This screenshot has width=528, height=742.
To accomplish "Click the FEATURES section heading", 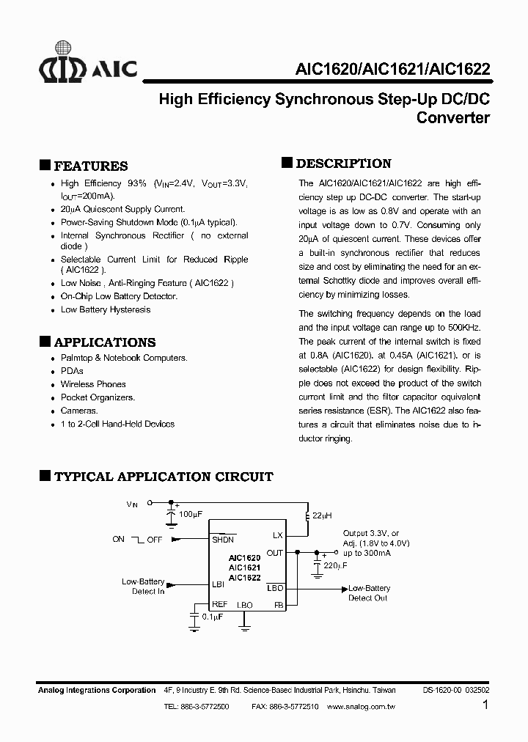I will pyautogui.click(x=91, y=166).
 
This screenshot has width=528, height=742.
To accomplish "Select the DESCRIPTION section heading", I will pyautogui.click(x=343, y=164).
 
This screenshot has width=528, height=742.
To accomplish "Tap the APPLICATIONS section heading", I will pyautogui.click(x=105, y=342).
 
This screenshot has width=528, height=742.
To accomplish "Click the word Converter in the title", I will pyautogui.click(x=452, y=117).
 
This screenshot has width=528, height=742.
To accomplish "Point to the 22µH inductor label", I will pyautogui.click(x=323, y=515).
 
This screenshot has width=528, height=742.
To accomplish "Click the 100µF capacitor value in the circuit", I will pyautogui.click(x=190, y=515).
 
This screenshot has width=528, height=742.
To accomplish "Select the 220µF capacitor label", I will pyautogui.click(x=335, y=566).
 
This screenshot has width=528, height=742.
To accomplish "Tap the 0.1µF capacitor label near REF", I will pyautogui.click(x=209, y=617).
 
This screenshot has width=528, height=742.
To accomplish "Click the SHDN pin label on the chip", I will pyautogui.click(x=223, y=540).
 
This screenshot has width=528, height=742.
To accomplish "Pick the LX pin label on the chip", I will pyautogui.click(x=277, y=536).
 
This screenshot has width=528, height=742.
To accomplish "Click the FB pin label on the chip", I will pyautogui.click(x=278, y=605).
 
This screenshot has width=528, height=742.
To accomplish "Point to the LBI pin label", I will pyautogui.click(x=218, y=584).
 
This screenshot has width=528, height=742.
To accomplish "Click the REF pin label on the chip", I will pyautogui.click(x=220, y=604).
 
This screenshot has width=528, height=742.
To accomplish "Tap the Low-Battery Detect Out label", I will pyautogui.click(x=368, y=593).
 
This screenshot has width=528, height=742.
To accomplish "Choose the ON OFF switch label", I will pyautogui.click(x=137, y=539).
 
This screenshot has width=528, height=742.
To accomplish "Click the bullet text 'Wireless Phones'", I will pyautogui.click(x=93, y=384).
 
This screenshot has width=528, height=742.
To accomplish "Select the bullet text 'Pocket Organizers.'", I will pyautogui.click(x=98, y=397).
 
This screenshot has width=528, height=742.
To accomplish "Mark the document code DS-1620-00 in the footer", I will pyautogui.click(x=442, y=690).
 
